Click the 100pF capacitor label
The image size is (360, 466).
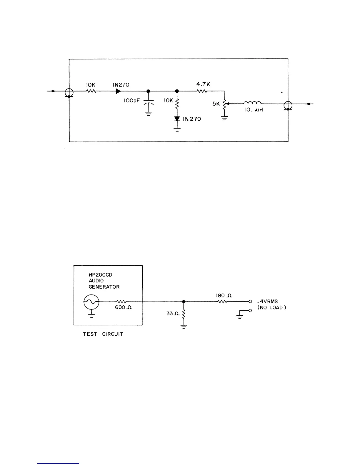pyautogui.click(x=131, y=101)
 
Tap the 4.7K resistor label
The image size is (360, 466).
pyautogui.click(x=203, y=84)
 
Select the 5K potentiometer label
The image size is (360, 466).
pyautogui.click(x=216, y=104)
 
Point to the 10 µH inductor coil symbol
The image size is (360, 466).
pyautogui.click(x=252, y=103)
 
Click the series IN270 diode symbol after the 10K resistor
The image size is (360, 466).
pyautogui.click(x=118, y=91)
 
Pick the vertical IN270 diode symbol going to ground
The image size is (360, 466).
pyautogui.click(x=177, y=119)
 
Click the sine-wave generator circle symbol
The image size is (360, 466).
pyautogui.click(x=91, y=302)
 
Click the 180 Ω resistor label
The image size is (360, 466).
pyautogui.click(x=224, y=295)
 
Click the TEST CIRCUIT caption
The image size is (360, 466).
pyautogui.click(x=103, y=334)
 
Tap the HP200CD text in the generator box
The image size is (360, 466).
pyautogui.click(x=100, y=275)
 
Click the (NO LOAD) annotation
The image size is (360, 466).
pyautogui.click(x=272, y=308)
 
